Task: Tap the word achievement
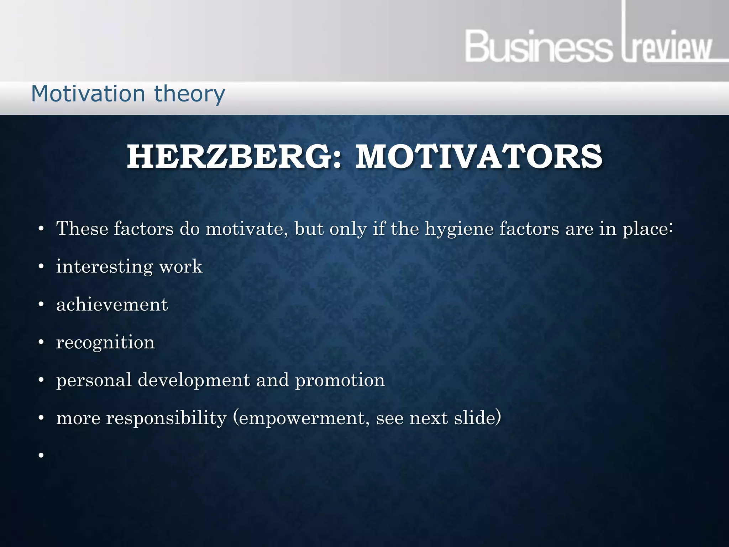tap(112, 304)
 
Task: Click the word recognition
tap(105, 343)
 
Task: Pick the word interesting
tap(104, 267)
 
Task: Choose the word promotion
tap(340, 380)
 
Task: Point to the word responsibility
tap(166, 418)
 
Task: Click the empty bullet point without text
tap(41, 455)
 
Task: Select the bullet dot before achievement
tap(41, 304)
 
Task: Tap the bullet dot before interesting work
tap(41, 266)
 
